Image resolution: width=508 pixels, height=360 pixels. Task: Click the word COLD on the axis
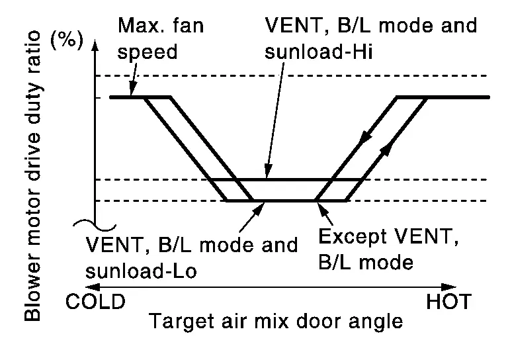click(95, 301)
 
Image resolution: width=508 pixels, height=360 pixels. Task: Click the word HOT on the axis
click(448, 301)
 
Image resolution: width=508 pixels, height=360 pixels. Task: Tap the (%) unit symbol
click(67, 40)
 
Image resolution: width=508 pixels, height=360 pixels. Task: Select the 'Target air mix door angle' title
click(276, 321)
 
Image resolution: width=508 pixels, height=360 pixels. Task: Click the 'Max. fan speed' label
click(160, 38)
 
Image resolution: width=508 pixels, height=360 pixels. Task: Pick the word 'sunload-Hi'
click(318, 52)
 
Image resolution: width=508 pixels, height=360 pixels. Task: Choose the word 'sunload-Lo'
click(141, 271)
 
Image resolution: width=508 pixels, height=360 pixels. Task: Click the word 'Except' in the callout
click(353, 237)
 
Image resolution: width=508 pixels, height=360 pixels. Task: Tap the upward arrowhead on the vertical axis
click(95, 46)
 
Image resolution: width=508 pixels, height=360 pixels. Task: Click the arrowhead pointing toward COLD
click(93, 287)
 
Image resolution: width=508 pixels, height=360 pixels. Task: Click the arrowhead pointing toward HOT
click(449, 287)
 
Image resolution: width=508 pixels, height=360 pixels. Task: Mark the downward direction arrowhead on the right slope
click(365, 136)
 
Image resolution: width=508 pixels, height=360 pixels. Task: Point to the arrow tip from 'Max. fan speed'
click(131, 95)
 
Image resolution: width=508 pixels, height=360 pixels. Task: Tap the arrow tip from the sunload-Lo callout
click(265, 203)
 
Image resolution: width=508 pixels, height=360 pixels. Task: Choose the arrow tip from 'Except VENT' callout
click(318, 203)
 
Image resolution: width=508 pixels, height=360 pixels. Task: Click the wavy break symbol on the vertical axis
click(95, 225)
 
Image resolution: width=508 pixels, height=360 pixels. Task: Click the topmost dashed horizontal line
click(292, 75)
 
